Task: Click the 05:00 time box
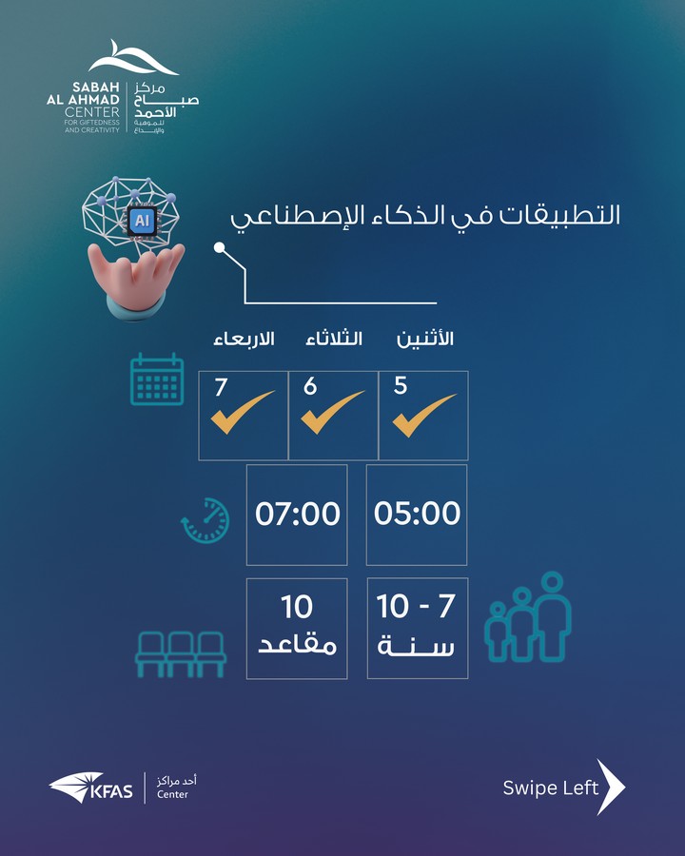(x=417, y=515)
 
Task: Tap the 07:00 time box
(x=297, y=515)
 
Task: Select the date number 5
(x=401, y=385)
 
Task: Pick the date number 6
(x=310, y=386)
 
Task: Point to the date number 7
(x=221, y=387)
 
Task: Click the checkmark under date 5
(x=424, y=415)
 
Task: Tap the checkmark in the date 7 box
(x=242, y=412)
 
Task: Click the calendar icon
(x=157, y=379)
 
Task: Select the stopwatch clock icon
(x=205, y=520)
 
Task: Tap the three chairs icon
(x=180, y=654)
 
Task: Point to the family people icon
(x=528, y=616)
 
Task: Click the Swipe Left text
(x=550, y=788)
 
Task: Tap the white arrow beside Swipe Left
(x=611, y=787)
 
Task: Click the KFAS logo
(x=90, y=788)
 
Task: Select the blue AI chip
(x=142, y=221)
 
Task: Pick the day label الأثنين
(x=425, y=339)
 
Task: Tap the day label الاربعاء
(x=244, y=339)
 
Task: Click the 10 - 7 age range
(x=416, y=606)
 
